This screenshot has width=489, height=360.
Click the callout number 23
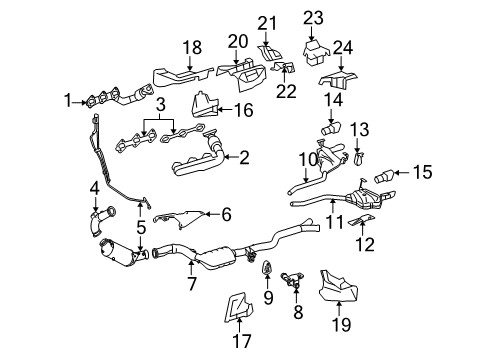click(313, 18)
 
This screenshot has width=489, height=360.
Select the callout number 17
click(242, 341)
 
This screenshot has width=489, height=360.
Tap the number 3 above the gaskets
click(161, 105)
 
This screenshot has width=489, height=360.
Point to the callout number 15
click(422, 172)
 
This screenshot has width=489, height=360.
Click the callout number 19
click(341, 324)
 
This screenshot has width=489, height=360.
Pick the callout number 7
click(192, 283)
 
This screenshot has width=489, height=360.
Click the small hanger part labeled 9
click(268, 267)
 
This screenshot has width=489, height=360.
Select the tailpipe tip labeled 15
click(385, 176)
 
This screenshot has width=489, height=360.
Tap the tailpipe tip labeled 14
click(331, 128)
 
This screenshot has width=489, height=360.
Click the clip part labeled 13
click(358, 158)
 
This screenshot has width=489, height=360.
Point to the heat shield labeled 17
click(238, 307)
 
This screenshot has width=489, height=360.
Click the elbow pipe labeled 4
click(101, 221)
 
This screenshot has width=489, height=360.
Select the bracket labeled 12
click(361, 220)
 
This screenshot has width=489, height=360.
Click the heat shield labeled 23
click(315, 52)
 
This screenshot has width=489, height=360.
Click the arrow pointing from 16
click(225, 109)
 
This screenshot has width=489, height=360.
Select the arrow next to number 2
click(231, 157)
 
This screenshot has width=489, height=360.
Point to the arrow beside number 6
click(212, 214)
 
